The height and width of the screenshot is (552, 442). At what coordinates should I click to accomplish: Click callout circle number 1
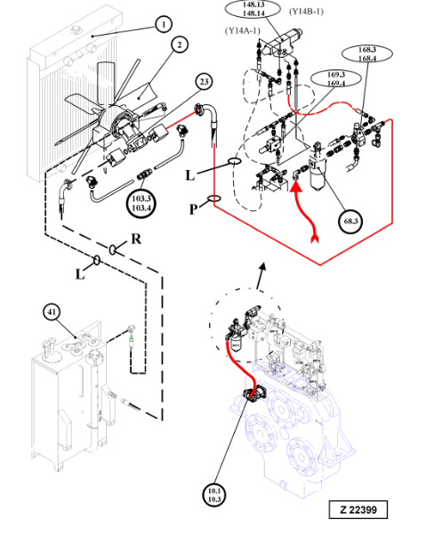(163, 25)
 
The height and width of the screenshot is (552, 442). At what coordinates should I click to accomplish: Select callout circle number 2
(180, 45)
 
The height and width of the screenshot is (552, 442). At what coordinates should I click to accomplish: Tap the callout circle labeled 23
(204, 82)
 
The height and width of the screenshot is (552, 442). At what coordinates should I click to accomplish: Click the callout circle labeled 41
(52, 312)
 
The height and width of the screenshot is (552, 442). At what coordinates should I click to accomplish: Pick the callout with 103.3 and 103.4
(141, 204)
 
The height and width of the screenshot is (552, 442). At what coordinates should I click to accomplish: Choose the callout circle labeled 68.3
(351, 221)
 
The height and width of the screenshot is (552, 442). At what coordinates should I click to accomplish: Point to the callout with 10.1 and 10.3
(214, 495)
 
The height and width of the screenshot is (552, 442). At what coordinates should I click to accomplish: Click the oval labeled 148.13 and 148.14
(253, 9)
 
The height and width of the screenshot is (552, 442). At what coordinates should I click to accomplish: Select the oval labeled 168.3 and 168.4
(367, 53)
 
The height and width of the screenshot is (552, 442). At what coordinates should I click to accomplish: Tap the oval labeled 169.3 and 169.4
(336, 79)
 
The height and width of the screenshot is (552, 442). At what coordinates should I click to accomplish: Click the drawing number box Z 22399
(358, 509)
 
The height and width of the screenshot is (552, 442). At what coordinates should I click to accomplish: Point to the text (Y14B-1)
(306, 12)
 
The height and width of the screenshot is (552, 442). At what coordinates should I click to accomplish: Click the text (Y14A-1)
(243, 31)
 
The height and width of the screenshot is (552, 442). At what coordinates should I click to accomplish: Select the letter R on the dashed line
(136, 239)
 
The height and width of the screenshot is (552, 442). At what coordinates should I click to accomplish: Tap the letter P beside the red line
(193, 209)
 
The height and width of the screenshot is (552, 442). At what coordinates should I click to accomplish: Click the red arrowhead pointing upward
(296, 185)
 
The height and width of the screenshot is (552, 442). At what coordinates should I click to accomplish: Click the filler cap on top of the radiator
(76, 29)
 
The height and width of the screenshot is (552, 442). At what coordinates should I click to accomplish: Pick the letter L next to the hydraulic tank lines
(80, 274)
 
